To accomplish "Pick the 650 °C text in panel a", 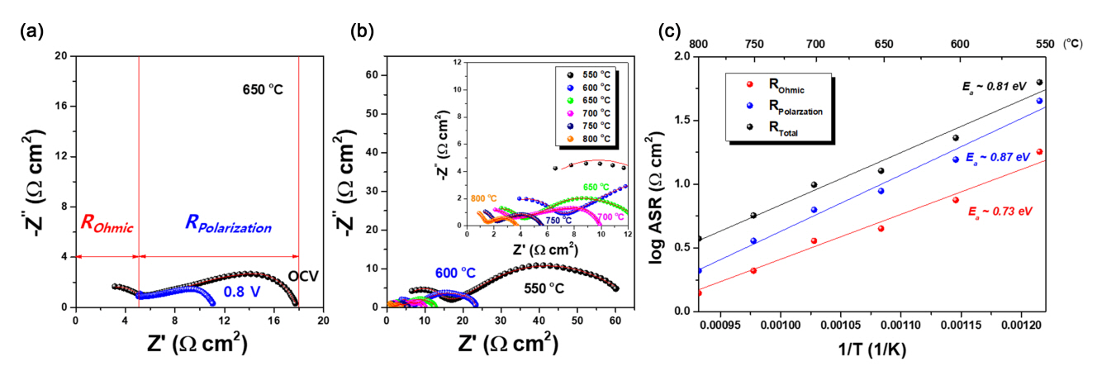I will [262, 88].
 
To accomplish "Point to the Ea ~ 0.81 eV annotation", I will [995, 86].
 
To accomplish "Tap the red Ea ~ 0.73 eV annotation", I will [1000, 212].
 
